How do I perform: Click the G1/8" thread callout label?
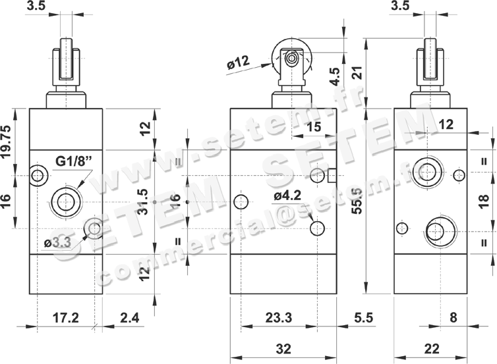74,161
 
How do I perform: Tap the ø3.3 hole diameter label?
58,243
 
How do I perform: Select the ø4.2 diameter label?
287,196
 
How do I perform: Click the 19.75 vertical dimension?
6,141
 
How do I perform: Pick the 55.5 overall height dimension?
357,201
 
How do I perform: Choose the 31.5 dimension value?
143,201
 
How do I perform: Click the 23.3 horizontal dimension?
279,317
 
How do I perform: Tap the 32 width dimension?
283,349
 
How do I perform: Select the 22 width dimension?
431,349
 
